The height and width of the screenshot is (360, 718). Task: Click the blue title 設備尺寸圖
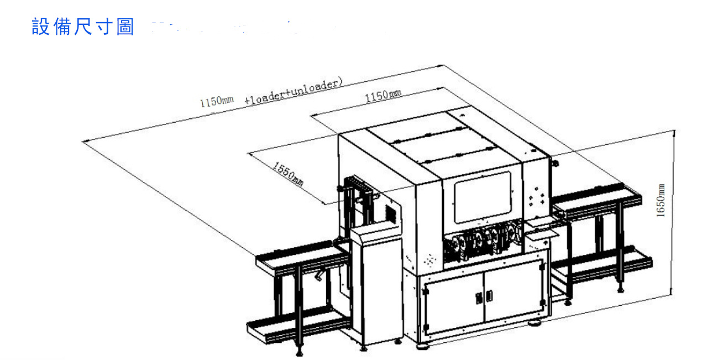click(83, 27)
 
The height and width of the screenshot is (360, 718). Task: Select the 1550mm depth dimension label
click(287, 173)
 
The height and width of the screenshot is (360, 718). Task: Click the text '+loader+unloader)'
click(293, 90)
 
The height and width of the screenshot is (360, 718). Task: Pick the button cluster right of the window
click(536, 194)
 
